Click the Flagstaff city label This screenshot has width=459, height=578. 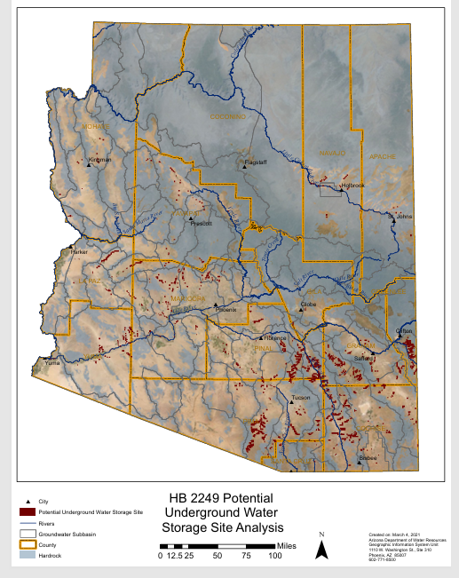point(256,162)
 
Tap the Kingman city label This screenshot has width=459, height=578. point(100,160)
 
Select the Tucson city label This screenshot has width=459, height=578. point(301,397)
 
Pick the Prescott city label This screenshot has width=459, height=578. point(202,223)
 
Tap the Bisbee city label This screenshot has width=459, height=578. point(368,457)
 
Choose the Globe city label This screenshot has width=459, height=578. point(309,305)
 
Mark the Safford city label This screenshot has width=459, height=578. point(364,358)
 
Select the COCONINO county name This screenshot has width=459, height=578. point(227,116)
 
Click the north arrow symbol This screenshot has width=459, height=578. point(323,547)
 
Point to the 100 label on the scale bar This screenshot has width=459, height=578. point(275,555)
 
